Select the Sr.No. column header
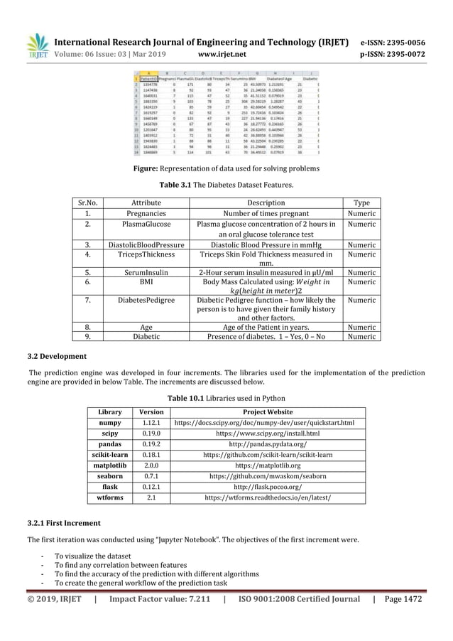(x=87, y=203)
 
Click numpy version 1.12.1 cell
(x=151, y=423)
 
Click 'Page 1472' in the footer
(x=404, y=599)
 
